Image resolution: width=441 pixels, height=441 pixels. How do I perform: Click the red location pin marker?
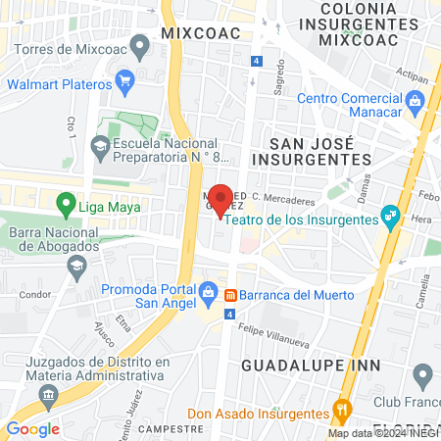click(221, 199)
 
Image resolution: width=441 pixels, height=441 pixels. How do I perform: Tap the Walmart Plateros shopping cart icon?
click(123, 81)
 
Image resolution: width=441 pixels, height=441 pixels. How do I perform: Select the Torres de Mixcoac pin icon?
click(140, 44)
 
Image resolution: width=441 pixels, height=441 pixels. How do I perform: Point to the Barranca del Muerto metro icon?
click(229, 295)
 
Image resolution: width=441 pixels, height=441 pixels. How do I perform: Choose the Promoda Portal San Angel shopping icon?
click(208, 291)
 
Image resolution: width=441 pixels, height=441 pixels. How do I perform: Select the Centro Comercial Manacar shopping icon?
click(415, 101)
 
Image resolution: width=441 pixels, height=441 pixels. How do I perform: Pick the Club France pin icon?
click(423, 373)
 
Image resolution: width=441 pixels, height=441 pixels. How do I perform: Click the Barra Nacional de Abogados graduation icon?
click(76, 266)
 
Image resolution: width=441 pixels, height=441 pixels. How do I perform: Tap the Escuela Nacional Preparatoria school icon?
click(99, 147)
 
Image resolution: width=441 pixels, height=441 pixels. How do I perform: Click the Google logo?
click(33, 428)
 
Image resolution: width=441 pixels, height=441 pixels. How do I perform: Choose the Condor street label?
click(34, 294)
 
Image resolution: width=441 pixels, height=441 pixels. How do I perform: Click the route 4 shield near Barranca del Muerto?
click(229, 315)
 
